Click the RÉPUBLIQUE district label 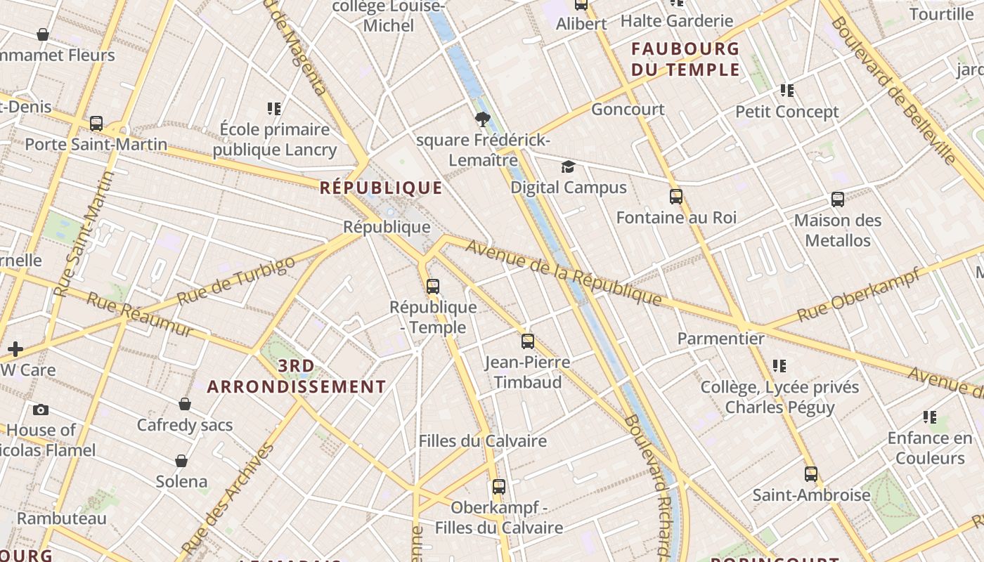pyautogui.click(x=381, y=188)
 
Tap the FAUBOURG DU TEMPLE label pyautogui.click(x=685, y=59)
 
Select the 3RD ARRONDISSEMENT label pyautogui.click(x=297, y=377)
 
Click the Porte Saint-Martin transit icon pyautogui.click(x=96, y=124)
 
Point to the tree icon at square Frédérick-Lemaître pyautogui.click(x=482, y=119)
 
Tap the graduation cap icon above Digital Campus pyautogui.click(x=568, y=166)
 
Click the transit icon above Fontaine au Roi pyautogui.click(x=676, y=197)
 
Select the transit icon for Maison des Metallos pyautogui.click(x=838, y=200)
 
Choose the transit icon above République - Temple pyautogui.click(x=433, y=287)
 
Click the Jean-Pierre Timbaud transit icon pyautogui.click(x=528, y=341)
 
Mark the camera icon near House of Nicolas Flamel pyautogui.click(x=41, y=410)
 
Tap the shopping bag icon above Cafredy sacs pyautogui.click(x=185, y=404)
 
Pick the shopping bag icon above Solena pyautogui.click(x=181, y=461)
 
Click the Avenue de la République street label pyautogui.click(x=563, y=273)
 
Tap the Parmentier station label pyautogui.click(x=720, y=339)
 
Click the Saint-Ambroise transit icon pyautogui.click(x=811, y=474)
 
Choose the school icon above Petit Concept pyautogui.click(x=787, y=91)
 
